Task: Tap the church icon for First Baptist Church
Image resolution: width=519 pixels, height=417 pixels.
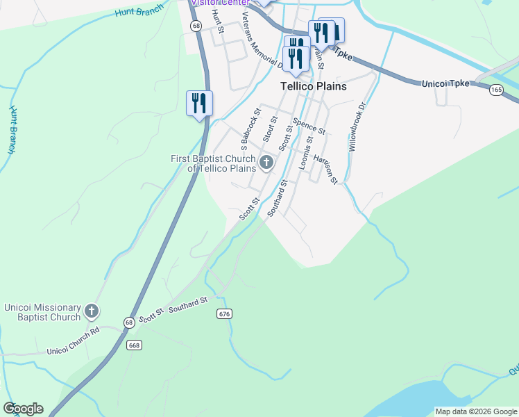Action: pos(266,164)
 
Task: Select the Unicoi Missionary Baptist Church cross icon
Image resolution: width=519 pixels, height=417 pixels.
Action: pos(92,311)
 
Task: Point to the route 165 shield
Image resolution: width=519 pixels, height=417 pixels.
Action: pos(496,90)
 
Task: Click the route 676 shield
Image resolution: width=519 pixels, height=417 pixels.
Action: pos(223,314)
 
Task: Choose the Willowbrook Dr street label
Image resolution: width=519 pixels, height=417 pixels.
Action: pos(357,128)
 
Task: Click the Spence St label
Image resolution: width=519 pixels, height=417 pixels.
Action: pos(309,126)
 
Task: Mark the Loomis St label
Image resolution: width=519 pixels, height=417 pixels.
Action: pos(305,153)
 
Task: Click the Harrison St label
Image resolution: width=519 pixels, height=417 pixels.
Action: pos(325,169)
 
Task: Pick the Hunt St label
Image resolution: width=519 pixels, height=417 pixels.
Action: pos(216,22)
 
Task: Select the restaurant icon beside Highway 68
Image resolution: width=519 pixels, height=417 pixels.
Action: pos(199,104)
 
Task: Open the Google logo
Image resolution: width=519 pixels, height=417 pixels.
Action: pos(23,409)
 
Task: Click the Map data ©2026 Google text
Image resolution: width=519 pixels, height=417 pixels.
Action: pos(475,411)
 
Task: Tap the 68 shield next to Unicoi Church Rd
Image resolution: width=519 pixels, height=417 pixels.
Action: pos(129,322)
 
